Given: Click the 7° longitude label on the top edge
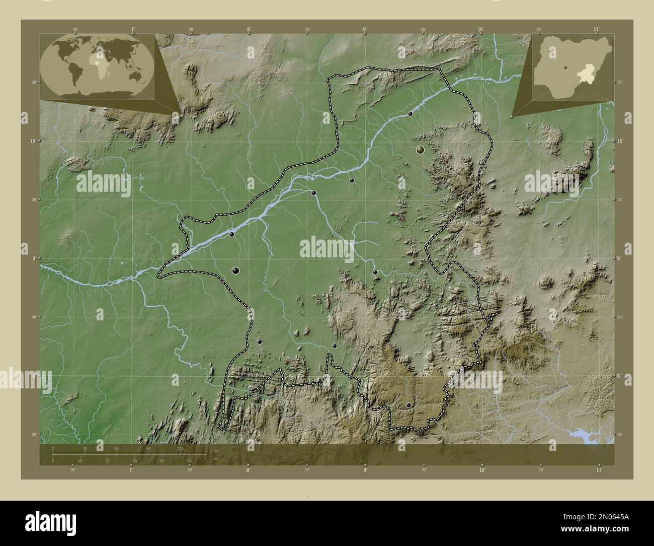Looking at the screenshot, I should point(133,30).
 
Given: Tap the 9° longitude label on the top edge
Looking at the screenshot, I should point(365,30).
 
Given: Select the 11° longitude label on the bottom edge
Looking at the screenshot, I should point(598,470).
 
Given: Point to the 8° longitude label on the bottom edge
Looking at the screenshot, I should point(248,470).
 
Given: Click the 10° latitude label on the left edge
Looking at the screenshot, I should point(32,141).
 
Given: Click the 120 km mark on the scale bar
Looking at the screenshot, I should point(180,448).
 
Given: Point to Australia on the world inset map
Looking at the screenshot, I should point(134,75).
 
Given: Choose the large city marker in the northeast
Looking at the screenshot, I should point(420,150).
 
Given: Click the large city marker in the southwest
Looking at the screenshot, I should point(235,270).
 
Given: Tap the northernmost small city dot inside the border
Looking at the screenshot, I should point(411,114).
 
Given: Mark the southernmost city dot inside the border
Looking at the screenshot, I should point(408,405).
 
